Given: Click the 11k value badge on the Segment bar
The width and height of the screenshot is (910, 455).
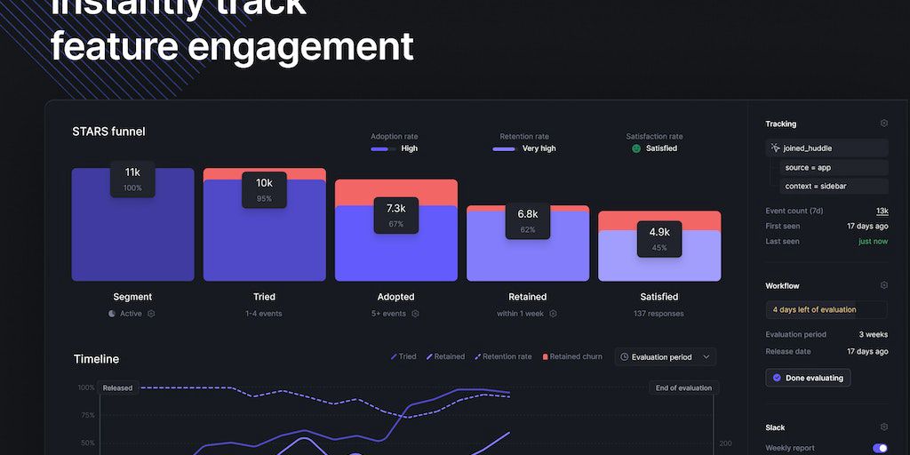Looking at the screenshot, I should [132, 179].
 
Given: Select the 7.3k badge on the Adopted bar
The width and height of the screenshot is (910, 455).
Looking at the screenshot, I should [395, 215].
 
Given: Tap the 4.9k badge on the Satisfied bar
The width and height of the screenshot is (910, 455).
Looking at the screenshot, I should [659, 239].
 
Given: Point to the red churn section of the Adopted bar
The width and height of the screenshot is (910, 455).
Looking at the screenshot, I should [395, 192].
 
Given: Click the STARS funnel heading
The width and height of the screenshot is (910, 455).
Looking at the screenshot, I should [108, 132].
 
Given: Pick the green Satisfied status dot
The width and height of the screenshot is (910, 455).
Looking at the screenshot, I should [636, 148].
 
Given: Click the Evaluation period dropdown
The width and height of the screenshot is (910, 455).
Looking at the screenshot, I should [665, 357].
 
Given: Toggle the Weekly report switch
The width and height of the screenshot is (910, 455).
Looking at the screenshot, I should [880, 448].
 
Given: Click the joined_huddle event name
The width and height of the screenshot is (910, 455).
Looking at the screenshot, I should [807, 148].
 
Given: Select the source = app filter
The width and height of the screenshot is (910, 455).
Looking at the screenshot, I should [807, 167].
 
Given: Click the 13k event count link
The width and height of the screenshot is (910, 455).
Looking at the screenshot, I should [882, 211].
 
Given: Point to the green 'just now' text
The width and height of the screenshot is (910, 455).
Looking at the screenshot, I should [873, 241].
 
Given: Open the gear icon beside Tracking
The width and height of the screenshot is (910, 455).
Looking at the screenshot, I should [883, 124].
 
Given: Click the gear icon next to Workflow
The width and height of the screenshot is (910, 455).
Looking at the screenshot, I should [883, 285].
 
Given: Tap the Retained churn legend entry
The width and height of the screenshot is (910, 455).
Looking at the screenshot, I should [572, 356].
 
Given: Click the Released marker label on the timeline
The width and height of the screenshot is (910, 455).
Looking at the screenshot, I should [117, 387].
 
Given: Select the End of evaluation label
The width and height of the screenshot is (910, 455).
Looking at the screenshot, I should [683, 387].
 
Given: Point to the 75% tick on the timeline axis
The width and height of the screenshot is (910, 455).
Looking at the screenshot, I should [87, 415].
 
